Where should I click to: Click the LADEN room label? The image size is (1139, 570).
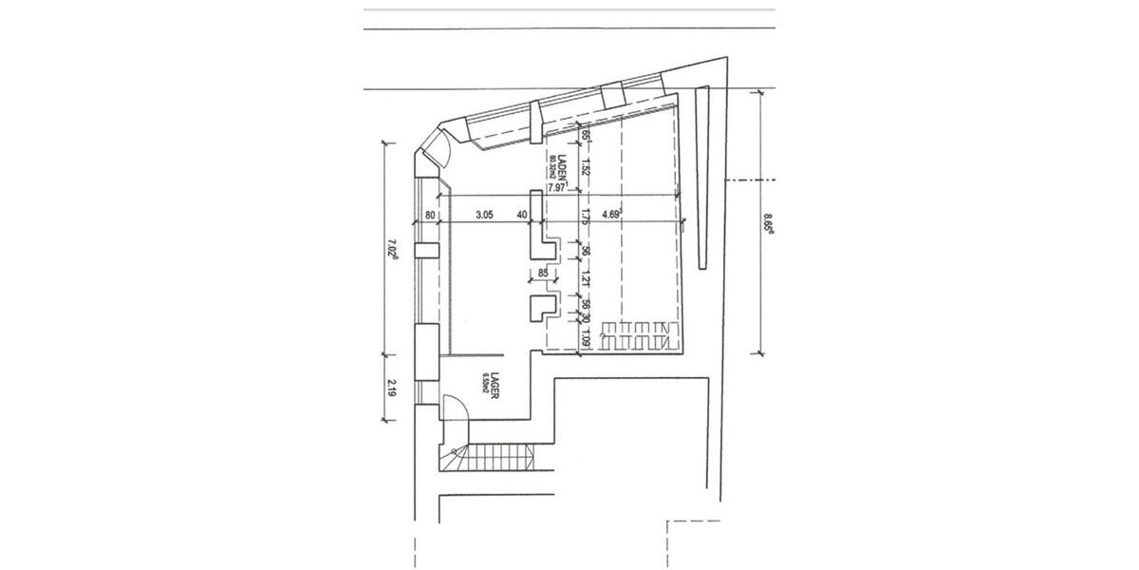tap(561, 166)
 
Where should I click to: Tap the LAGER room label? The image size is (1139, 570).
tap(495, 389)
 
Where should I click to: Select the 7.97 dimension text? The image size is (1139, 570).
tap(557, 188)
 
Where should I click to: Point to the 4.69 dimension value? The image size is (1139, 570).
tap(612, 215)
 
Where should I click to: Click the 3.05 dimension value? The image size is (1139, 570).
tap(483, 216)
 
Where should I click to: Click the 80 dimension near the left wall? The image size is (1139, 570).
tap(431, 216)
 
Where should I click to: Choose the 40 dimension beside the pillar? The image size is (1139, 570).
tap(522, 216)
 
